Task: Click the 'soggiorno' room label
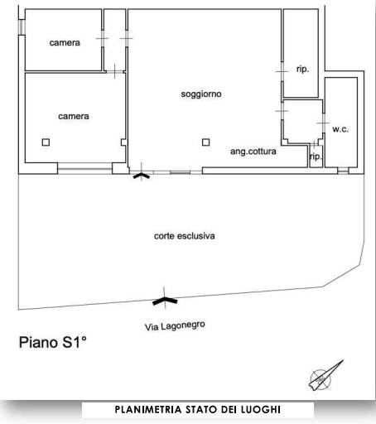point(201,94)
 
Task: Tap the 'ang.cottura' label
point(253,152)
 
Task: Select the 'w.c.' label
point(340,129)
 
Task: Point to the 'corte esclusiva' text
point(185,236)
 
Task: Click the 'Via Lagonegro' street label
point(175,326)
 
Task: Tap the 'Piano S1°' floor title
point(52,342)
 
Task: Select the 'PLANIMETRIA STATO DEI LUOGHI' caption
point(198,409)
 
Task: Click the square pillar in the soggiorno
point(205,142)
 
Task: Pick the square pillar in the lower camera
point(46,142)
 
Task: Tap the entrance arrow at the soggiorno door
point(142,176)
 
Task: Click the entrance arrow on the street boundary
point(165,301)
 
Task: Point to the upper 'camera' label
point(65,43)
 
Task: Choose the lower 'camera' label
point(74,117)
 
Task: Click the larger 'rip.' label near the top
point(302,69)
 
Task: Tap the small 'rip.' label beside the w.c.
point(316,157)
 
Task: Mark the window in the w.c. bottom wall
point(343,171)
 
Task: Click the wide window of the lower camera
point(85,168)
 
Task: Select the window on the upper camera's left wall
point(22,27)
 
